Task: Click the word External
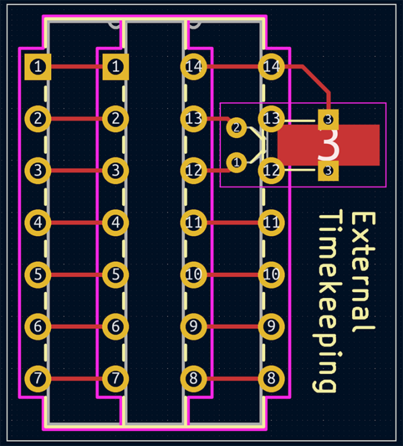(363, 272)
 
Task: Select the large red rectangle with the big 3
(328, 145)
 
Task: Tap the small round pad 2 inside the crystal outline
(236, 127)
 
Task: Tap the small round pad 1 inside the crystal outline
(236, 161)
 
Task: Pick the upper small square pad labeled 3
(328, 120)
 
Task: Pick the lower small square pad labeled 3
(328, 171)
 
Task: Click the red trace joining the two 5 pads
(77, 274)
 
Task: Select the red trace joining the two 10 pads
(232, 274)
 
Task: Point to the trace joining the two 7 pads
(77, 378)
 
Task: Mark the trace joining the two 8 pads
(232, 378)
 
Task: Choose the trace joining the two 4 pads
(77, 222)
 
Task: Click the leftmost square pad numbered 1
(38, 66)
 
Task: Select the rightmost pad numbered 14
(271, 66)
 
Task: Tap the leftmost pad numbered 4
(38, 222)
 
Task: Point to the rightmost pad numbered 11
(271, 222)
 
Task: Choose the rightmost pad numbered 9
(271, 326)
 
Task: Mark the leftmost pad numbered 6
(38, 326)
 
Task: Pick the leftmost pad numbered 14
(194, 66)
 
